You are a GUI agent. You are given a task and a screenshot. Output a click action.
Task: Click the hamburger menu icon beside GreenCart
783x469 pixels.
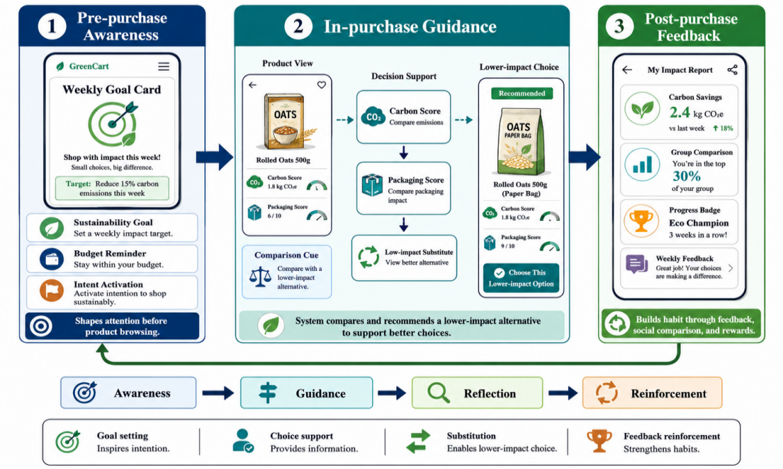[x=164, y=67]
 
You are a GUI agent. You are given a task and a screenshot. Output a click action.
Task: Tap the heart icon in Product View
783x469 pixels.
[x=321, y=85]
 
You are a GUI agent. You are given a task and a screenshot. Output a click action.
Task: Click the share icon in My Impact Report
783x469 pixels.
[x=732, y=70]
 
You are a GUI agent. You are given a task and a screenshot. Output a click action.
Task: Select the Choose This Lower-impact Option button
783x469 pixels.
[x=521, y=278]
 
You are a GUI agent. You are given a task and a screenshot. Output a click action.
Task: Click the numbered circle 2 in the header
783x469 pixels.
[x=298, y=26]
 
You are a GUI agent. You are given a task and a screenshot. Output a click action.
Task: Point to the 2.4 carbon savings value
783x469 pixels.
[x=679, y=113]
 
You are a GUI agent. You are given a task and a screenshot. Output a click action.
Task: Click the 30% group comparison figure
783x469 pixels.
[x=686, y=176]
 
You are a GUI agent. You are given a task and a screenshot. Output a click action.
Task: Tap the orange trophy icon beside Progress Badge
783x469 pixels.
[x=641, y=221]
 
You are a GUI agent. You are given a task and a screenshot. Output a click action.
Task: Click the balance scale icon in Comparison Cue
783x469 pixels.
[x=260, y=277]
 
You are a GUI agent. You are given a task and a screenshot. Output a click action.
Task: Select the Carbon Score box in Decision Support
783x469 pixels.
[x=403, y=117]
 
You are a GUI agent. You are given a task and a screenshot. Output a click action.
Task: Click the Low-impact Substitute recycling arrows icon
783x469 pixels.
[x=369, y=257]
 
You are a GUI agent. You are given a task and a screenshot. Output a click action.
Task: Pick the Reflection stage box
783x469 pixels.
[x=477, y=393]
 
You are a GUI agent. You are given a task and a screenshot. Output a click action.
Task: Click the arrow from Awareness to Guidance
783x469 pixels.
[x=218, y=393]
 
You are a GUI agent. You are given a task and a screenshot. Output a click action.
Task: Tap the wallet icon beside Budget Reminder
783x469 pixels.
[x=52, y=259]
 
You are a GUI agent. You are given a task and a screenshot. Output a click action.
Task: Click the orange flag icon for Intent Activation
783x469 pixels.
[x=52, y=290]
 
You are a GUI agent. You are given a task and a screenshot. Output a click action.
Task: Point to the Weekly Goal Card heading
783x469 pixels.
[x=112, y=90]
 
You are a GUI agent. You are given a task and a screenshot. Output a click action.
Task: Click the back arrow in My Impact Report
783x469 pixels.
[x=627, y=70]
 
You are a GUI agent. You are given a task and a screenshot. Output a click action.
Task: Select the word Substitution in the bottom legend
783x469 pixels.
[x=471, y=436]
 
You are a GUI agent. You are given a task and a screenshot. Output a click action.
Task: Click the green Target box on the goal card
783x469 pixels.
[x=112, y=188]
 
